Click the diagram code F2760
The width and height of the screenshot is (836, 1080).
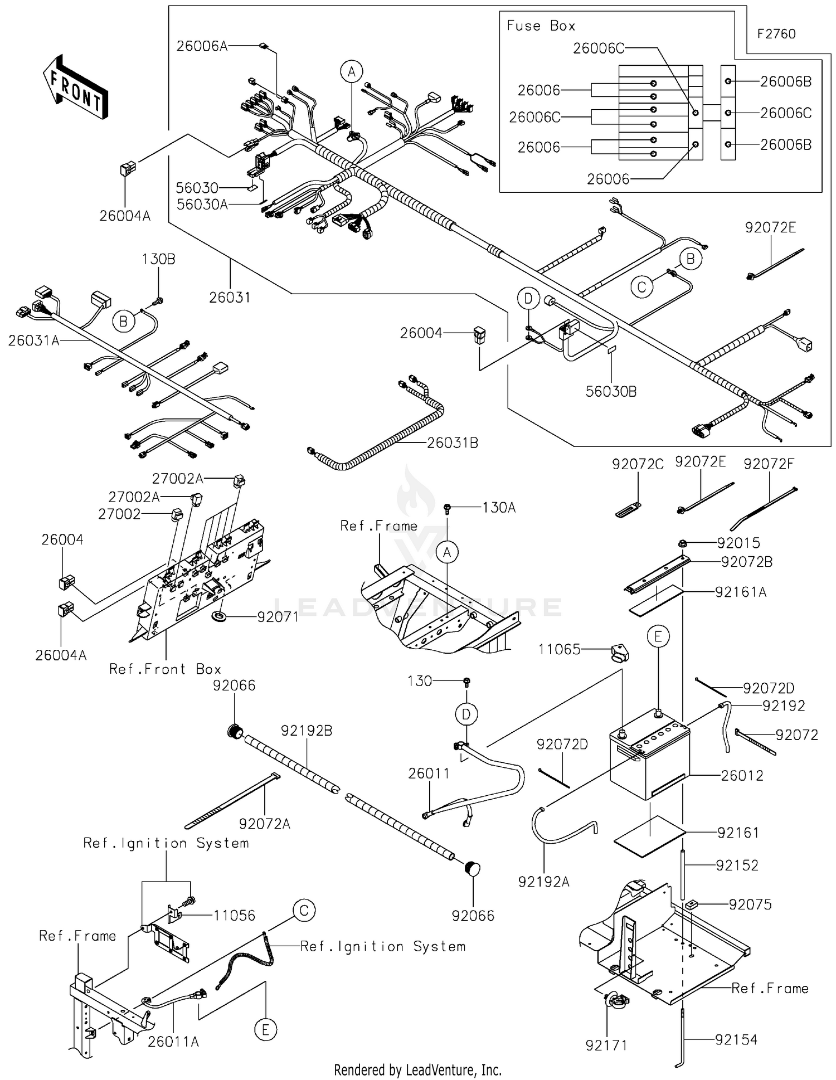[776, 34]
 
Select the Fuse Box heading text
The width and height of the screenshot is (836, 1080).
[540, 26]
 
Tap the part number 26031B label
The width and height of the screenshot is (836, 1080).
[453, 443]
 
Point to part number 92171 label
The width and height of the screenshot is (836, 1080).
[606, 1045]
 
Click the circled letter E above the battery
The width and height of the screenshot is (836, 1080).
[658, 636]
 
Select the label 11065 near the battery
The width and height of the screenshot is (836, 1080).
[559, 649]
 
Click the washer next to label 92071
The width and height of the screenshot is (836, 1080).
[218, 617]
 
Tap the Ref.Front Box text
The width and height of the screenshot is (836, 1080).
[165, 669]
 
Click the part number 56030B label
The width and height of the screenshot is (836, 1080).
[611, 392]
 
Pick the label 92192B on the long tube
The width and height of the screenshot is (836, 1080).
[307, 731]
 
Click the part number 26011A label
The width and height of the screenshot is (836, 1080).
[173, 1042]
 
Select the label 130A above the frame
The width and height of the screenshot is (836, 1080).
[499, 508]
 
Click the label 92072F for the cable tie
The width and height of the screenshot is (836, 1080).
[769, 464]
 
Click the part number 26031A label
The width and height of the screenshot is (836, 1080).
[33, 340]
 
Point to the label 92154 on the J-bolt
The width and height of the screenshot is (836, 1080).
[736, 1039]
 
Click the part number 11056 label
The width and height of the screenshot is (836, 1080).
[234, 915]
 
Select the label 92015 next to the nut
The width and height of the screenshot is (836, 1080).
[738, 543]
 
